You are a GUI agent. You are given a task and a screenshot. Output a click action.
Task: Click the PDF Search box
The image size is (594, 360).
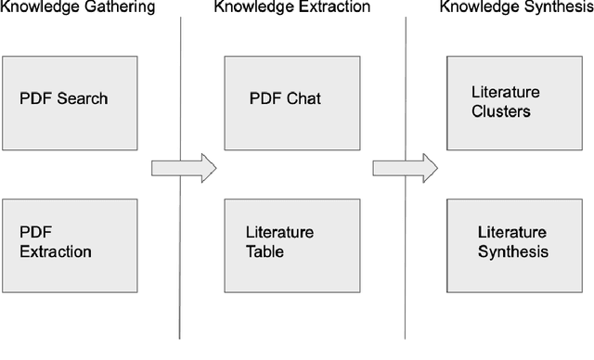[69, 103]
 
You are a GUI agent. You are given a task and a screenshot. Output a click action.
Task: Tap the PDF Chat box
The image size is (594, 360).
[291, 103]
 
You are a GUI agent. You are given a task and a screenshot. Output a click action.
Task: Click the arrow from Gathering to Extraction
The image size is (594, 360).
[183, 168]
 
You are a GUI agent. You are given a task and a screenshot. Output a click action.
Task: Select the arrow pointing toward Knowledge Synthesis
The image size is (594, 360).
[405, 168]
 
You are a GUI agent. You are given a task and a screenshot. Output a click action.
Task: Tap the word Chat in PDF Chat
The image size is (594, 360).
[302, 98]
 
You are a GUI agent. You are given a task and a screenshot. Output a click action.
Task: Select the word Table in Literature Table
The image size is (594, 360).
[264, 251]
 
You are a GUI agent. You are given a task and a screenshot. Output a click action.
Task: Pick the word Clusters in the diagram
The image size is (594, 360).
[501, 112]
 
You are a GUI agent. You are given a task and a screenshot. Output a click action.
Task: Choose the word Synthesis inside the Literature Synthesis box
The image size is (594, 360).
[512, 251]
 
